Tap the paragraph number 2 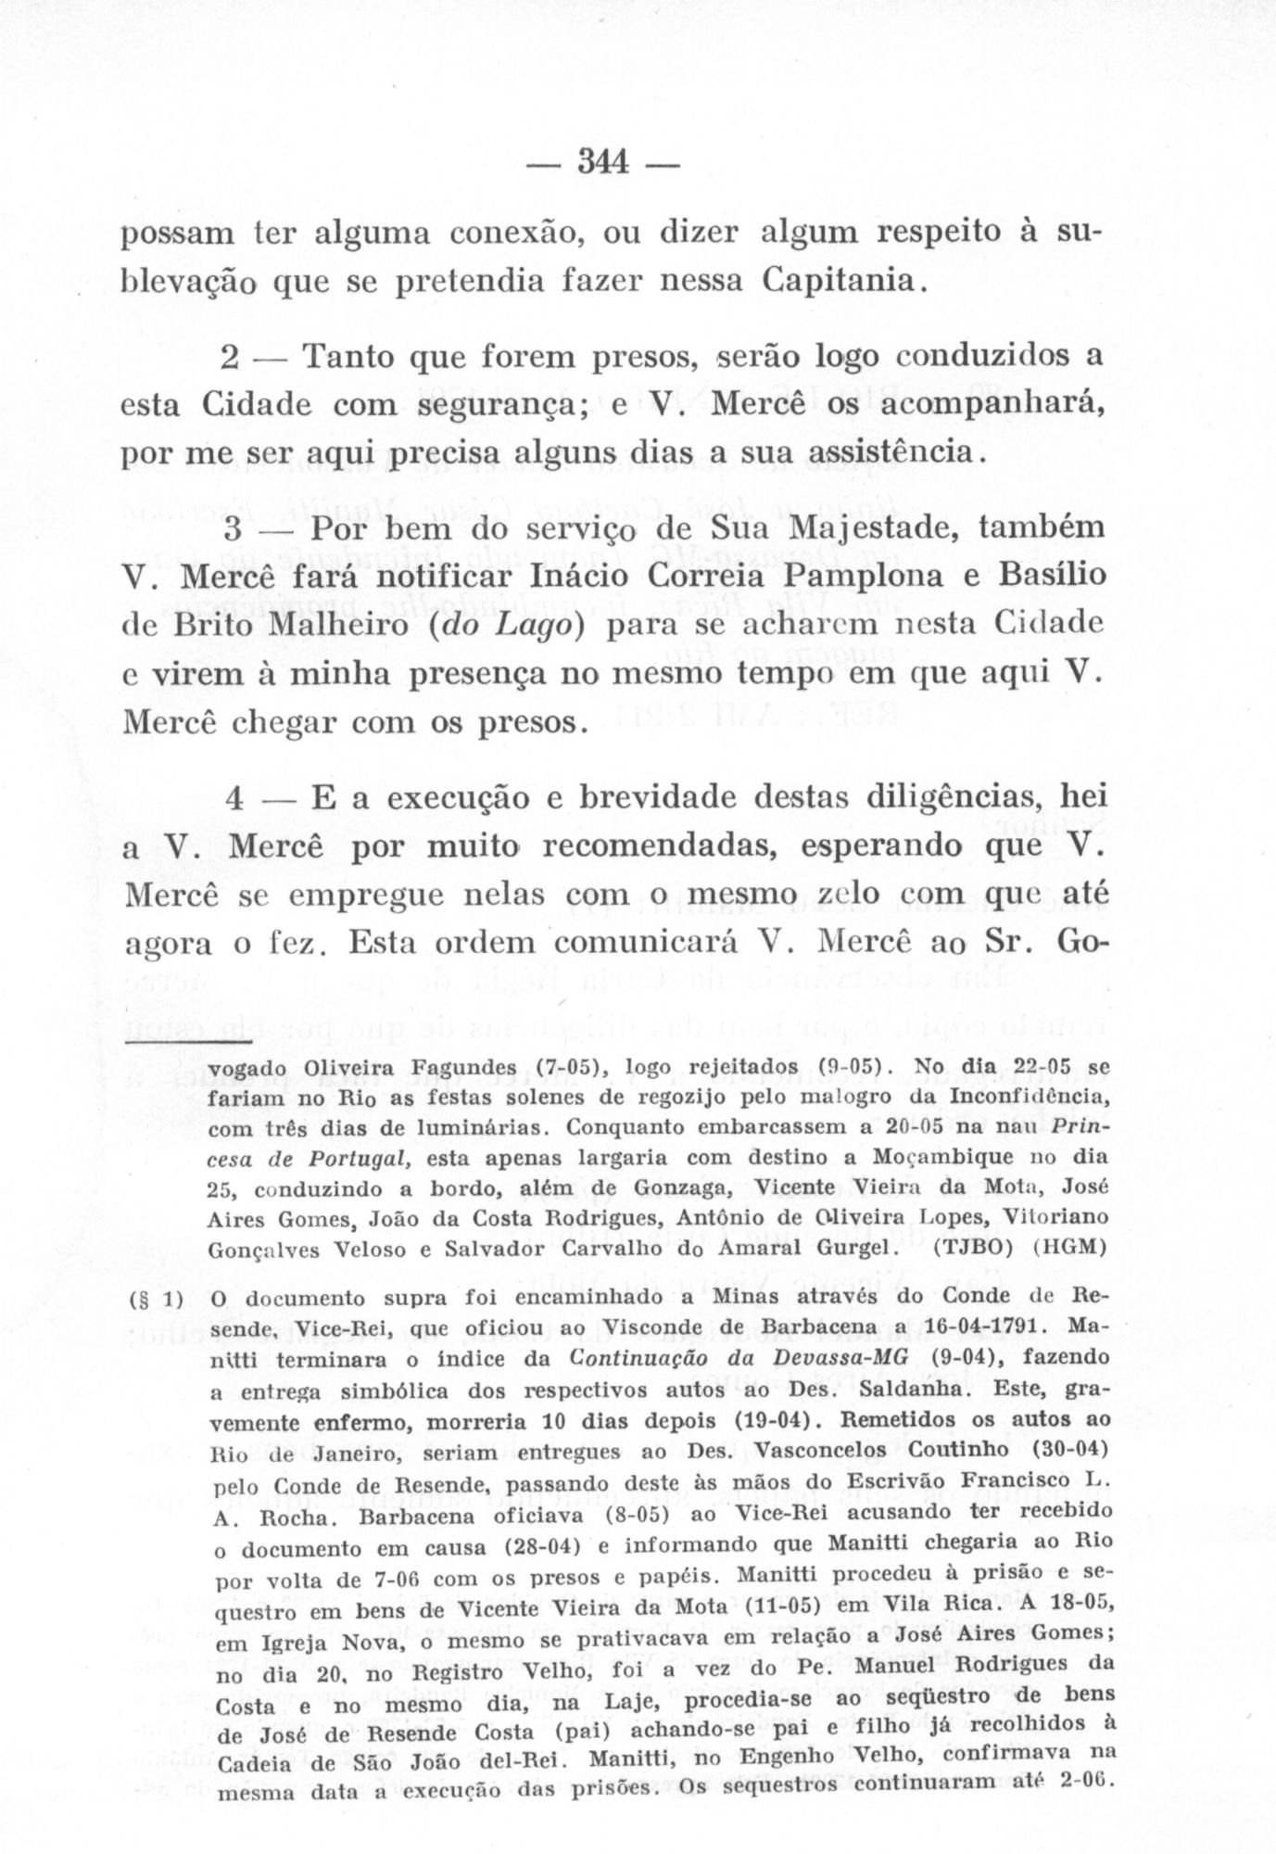[x=233, y=356]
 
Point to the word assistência [x=891, y=454]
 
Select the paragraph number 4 [x=234, y=797]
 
